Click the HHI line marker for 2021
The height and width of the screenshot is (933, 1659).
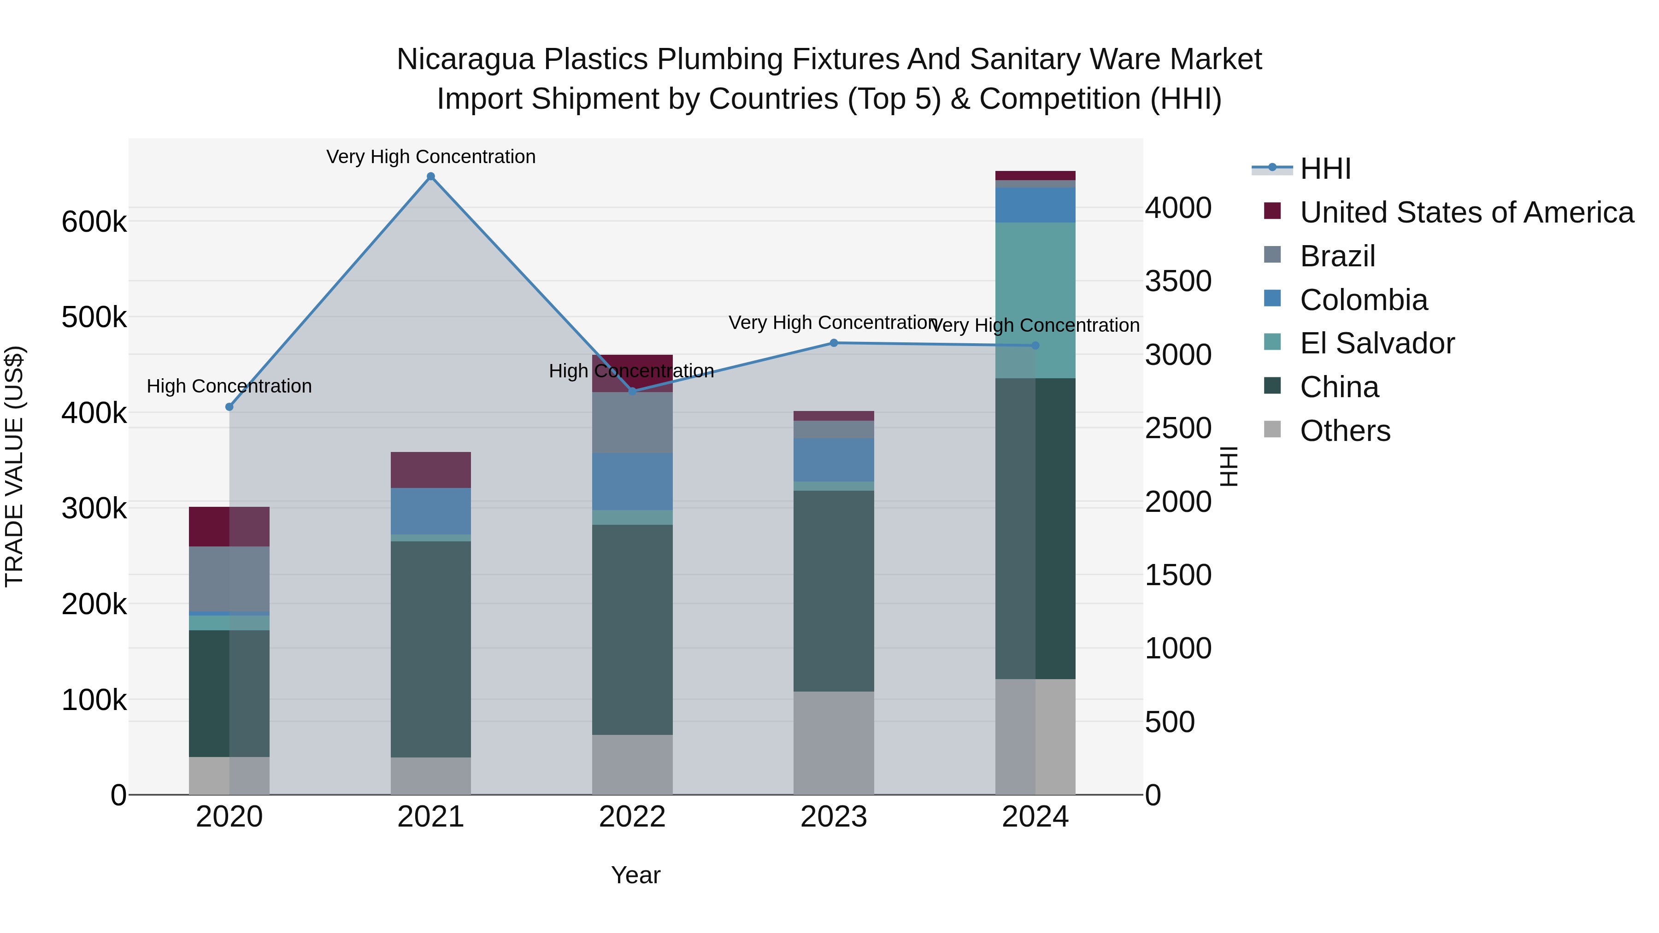(x=431, y=176)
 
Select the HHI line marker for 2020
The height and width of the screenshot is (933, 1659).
(x=229, y=407)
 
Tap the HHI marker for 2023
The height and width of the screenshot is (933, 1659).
(x=833, y=343)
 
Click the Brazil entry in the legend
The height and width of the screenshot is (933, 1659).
(x=1337, y=256)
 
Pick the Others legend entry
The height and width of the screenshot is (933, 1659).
(x=1345, y=431)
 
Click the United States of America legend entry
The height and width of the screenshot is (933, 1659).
(x=1466, y=212)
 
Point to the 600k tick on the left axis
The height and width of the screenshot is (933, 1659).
(x=94, y=222)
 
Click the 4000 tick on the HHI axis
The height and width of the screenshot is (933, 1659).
(x=1178, y=208)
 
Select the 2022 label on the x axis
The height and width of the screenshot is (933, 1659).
(x=632, y=817)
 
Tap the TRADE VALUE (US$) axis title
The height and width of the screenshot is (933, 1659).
(x=14, y=466)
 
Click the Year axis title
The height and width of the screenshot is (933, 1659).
(x=635, y=875)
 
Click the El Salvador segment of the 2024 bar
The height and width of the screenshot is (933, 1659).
(x=1035, y=300)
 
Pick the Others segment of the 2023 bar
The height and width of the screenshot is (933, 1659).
(x=833, y=743)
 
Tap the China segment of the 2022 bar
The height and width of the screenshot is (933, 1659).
(x=632, y=630)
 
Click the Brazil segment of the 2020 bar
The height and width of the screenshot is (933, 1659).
(x=229, y=578)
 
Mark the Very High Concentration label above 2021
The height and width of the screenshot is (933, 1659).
(x=431, y=157)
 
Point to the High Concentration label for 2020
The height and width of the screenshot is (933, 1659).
(x=229, y=387)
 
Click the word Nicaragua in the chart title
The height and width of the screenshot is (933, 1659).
(x=465, y=59)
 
